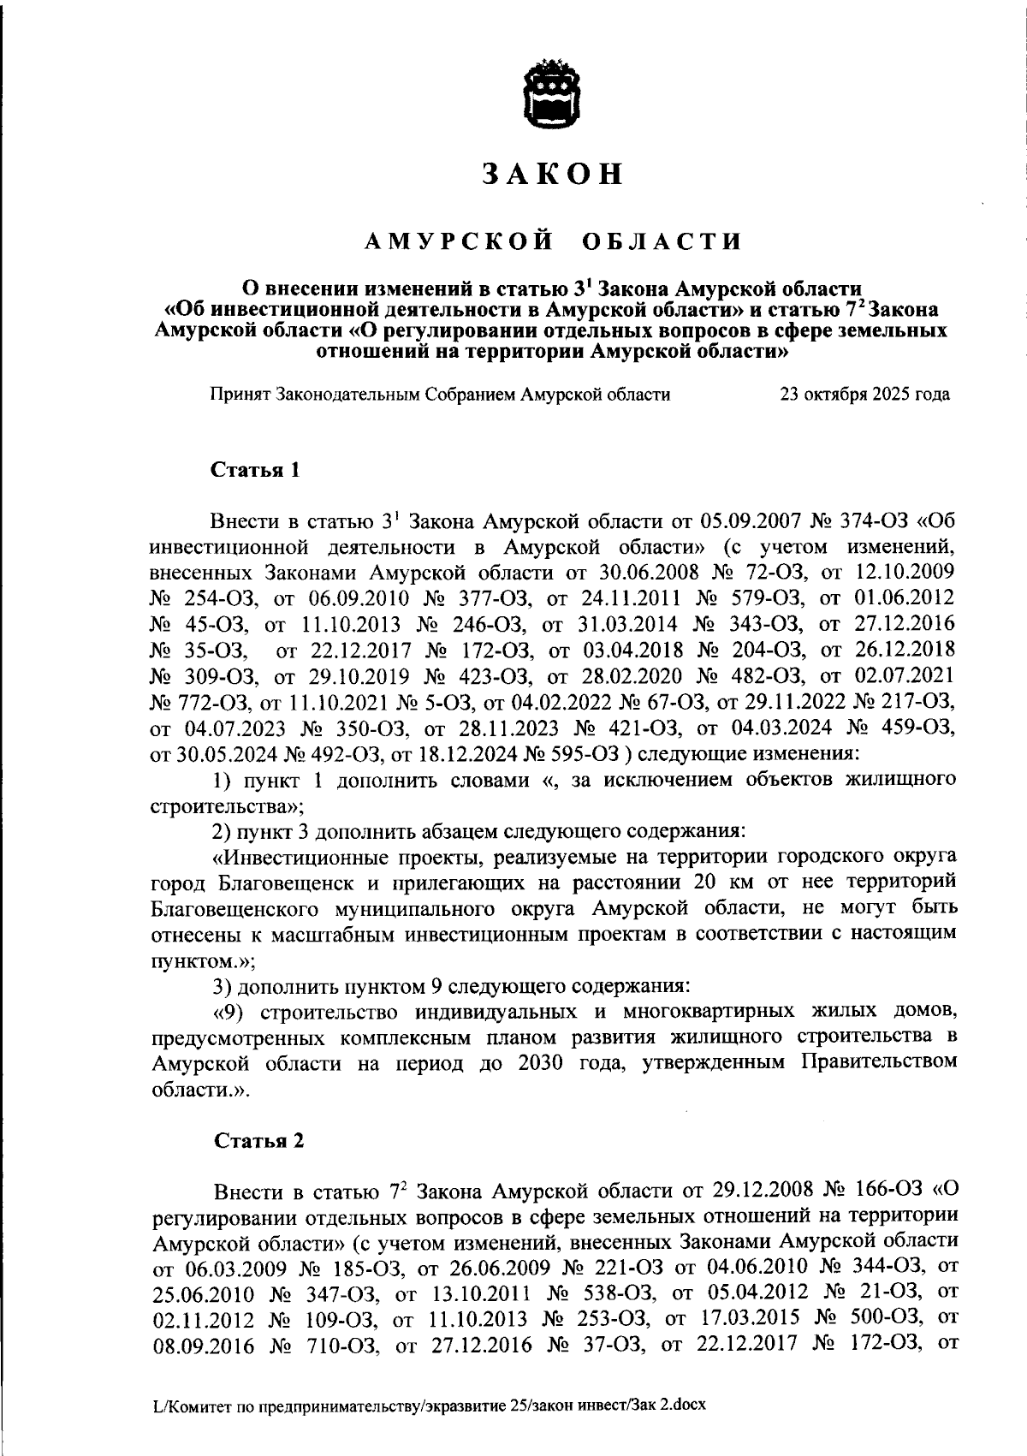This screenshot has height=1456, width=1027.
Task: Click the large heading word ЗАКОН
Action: (551, 174)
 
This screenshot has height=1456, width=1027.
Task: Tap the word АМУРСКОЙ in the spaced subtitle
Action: (457, 242)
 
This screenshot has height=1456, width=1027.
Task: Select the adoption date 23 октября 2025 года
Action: (864, 395)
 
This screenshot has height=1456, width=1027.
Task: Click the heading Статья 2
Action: (258, 1141)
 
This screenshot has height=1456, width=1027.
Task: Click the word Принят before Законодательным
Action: (240, 395)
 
